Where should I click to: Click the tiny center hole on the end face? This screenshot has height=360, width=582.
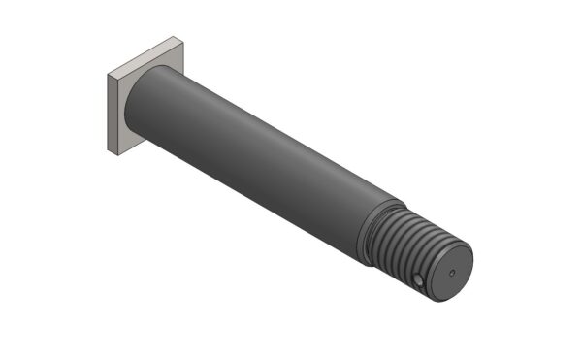pos(452,273)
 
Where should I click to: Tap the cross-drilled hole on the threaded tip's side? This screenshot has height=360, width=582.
pos(415,282)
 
